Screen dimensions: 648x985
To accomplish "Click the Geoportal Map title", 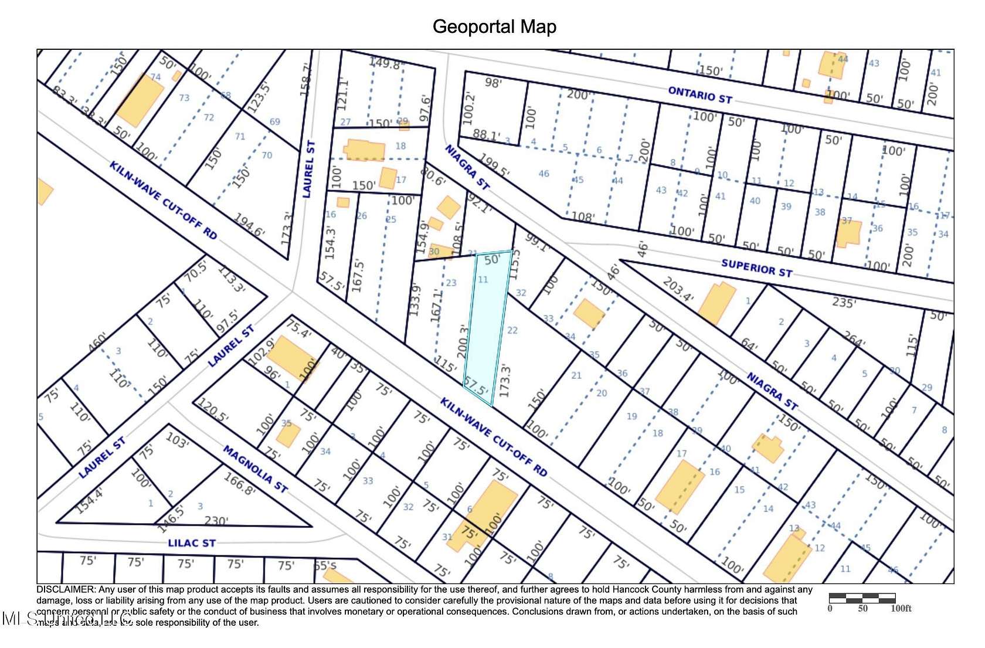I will point(494,26).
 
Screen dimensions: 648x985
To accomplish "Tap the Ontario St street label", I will point(700,95).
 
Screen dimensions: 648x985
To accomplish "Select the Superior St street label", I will point(756,268).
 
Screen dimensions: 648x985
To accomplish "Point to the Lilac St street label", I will point(192,543).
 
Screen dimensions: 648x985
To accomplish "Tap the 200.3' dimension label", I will point(463,341).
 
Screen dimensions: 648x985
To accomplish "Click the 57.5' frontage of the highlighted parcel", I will point(475,387).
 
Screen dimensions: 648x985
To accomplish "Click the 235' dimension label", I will point(844,303).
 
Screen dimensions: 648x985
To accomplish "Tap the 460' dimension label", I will point(97,342).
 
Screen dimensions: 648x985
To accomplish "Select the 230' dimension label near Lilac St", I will point(216,520).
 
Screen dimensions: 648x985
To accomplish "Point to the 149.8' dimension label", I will point(385,63).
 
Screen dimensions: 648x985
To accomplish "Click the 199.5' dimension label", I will point(494,165).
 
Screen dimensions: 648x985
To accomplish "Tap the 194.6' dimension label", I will point(249,225).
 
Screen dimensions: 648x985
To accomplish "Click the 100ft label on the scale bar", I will point(901,609).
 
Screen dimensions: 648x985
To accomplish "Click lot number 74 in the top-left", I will point(155,77).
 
